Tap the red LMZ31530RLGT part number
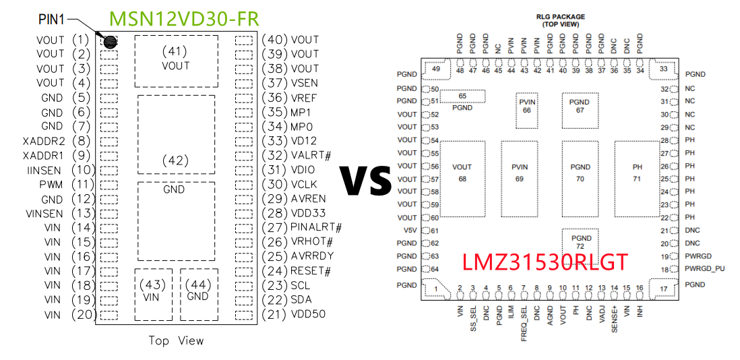point(544,262)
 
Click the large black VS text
point(364,180)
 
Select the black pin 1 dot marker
point(109,41)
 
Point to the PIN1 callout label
point(50,22)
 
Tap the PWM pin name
point(51,185)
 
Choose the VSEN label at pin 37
point(304,83)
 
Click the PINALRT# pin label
point(316,227)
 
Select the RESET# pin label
point(310,271)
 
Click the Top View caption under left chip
point(176,341)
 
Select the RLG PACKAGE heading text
point(560,17)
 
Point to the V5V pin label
point(407,231)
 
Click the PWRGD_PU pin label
point(704,269)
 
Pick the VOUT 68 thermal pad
point(462,173)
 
